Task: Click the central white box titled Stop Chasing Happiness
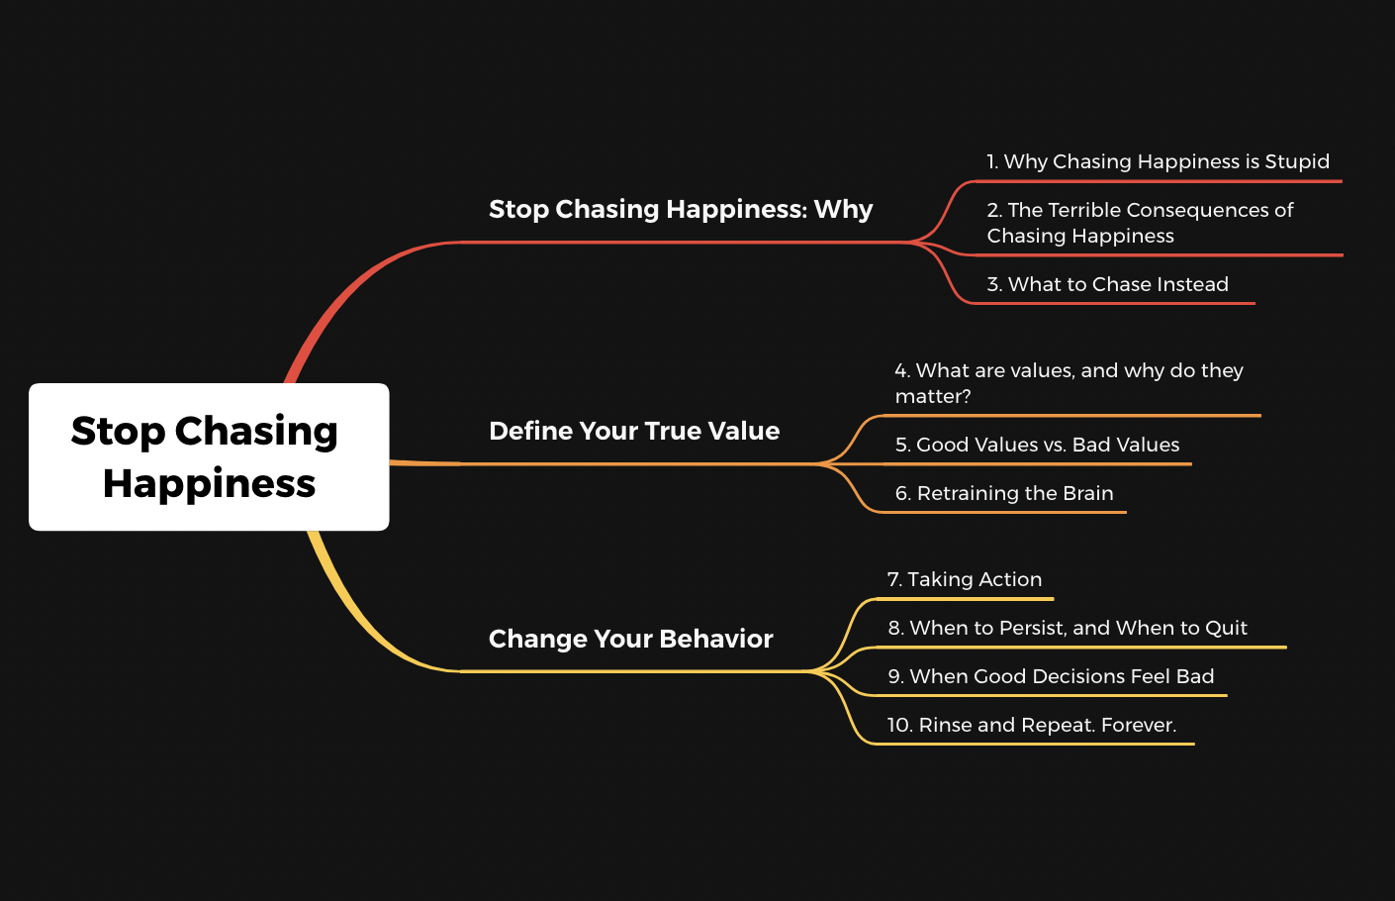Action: [x=209, y=456]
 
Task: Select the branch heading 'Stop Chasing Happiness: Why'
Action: [x=681, y=209]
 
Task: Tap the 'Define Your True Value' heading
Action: [x=634, y=431]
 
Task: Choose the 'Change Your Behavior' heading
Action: [x=631, y=639]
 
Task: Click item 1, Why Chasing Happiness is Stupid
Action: [x=1159, y=161]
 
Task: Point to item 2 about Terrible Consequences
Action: [x=1141, y=223]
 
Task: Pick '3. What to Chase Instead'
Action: [x=1108, y=284]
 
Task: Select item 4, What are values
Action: [x=1069, y=382]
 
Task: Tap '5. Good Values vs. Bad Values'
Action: [x=1038, y=445]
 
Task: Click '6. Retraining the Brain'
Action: [x=1004, y=493]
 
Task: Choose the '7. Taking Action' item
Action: [x=965, y=579]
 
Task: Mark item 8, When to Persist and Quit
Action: [x=1068, y=628]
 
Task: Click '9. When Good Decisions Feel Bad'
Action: [x=1051, y=676]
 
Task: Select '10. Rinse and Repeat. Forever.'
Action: [x=1032, y=725]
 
